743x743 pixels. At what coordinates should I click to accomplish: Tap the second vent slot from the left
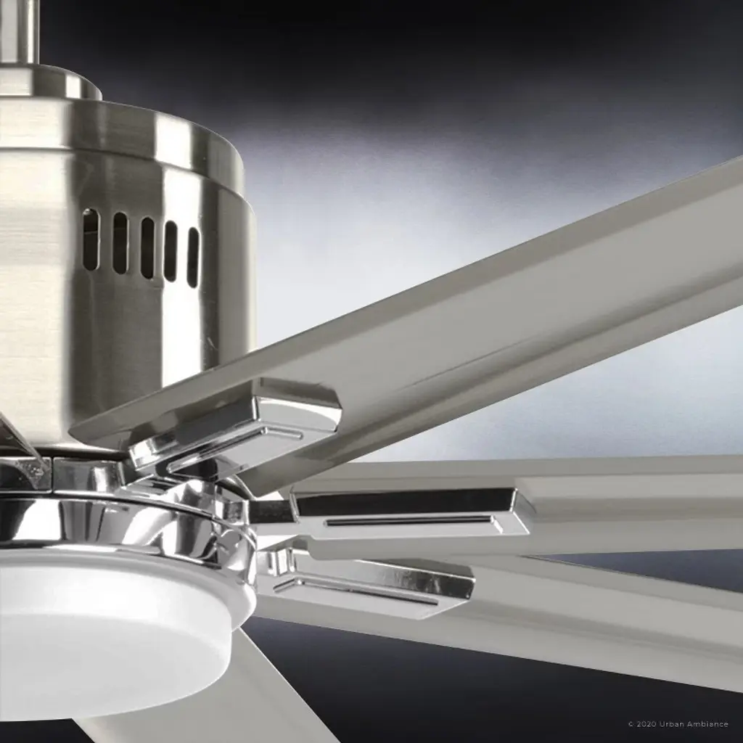tap(120, 242)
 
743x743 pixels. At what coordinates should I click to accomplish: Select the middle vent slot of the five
tap(147, 247)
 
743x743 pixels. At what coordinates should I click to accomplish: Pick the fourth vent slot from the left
tap(171, 251)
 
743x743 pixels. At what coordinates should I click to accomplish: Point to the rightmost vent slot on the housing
tap(193, 258)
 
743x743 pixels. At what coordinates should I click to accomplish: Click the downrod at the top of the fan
tap(20, 31)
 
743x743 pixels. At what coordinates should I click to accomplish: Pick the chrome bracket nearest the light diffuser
tap(369, 586)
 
